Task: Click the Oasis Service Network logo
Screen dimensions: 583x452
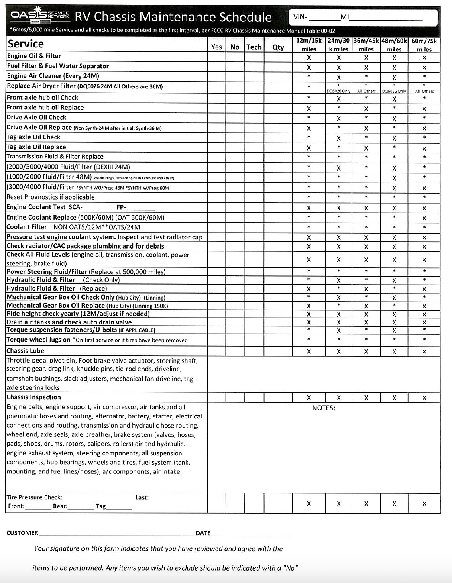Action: (x=40, y=16)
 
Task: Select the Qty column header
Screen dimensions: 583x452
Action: (x=278, y=47)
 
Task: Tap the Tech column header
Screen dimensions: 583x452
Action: (x=254, y=47)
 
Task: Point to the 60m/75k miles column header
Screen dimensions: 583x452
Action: (x=424, y=45)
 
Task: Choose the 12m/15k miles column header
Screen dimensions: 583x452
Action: (x=309, y=45)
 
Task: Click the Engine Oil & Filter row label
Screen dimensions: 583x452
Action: (x=34, y=56)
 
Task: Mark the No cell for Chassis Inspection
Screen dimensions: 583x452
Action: (x=235, y=397)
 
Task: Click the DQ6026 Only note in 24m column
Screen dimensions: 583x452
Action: (x=338, y=91)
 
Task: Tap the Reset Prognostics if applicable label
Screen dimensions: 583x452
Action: (x=51, y=197)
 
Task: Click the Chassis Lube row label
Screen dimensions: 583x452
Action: (x=22, y=351)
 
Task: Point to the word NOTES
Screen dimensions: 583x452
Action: (x=324, y=408)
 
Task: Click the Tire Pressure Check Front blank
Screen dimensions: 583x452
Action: (x=38, y=507)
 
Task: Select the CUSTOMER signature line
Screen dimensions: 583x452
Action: (x=116, y=534)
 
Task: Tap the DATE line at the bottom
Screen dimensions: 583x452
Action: (x=250, y=534)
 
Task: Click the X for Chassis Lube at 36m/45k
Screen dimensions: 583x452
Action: (x=366, y=352)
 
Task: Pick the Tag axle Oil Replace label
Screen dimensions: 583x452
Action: (x=36, y=147)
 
